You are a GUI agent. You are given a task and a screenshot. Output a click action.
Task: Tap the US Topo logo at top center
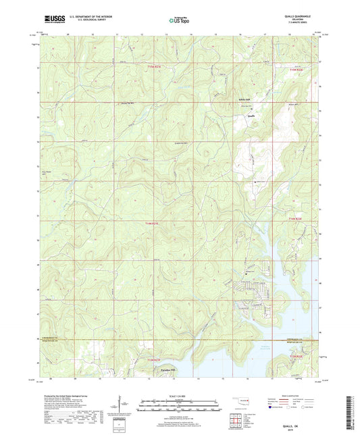[178, 21]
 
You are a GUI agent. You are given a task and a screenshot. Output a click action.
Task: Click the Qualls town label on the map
[250, 116]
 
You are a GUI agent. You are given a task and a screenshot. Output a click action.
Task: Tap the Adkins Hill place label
[243, 99]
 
